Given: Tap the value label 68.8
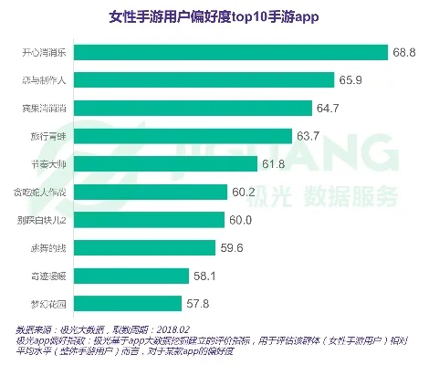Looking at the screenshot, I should point(405,52).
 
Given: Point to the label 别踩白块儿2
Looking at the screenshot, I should point(43,220).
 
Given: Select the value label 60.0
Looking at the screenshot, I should point(241,220).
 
